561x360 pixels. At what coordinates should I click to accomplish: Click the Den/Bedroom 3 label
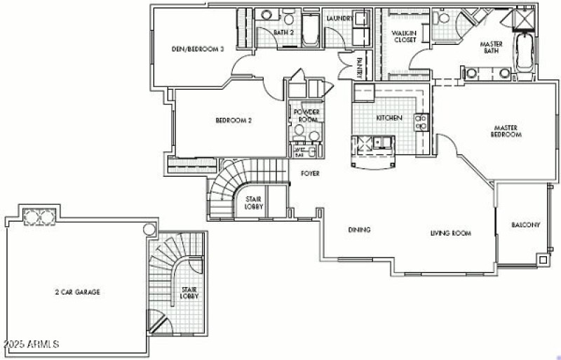tap(198, 50)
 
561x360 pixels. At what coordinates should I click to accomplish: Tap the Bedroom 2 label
tap(234, 120)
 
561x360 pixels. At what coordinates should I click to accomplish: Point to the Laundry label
tap(339, 19)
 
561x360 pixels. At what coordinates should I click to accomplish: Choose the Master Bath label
tap(491, 47)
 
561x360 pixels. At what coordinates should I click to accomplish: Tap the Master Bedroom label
tap(505, 131)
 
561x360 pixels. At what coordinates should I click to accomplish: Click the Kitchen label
tap(389, 118)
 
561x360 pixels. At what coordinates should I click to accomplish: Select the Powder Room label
tap(306, 116)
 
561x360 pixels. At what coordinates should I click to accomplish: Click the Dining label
tap(359, 230)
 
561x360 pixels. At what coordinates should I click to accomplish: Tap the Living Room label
tap(450, 233)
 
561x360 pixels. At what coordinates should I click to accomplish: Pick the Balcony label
tap(525, 225)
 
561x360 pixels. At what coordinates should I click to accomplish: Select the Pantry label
tap(360, 67)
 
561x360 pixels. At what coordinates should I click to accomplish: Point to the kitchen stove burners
tap(421, 123)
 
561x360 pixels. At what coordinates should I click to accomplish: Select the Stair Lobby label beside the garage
tap(189, 293)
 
